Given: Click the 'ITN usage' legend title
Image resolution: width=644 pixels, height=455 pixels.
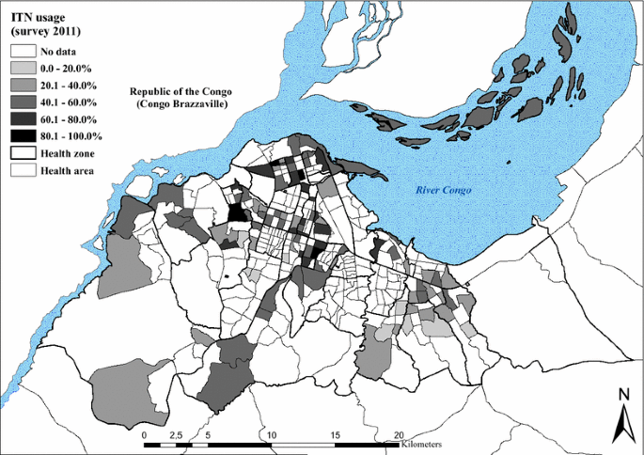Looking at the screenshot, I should point(37,14).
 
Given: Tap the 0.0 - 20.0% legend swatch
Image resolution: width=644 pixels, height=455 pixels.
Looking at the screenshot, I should point(24,68).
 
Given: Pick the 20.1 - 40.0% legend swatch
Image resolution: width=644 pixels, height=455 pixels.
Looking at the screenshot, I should point(24,85).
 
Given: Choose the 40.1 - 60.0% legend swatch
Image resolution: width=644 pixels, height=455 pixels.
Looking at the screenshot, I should point(24,102).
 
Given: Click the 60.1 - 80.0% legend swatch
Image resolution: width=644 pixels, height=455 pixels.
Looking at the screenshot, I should point(24,118).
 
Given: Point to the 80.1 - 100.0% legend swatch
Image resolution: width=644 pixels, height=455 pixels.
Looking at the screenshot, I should point(24,135).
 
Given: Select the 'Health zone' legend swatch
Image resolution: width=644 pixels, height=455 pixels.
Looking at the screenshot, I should point(24,153).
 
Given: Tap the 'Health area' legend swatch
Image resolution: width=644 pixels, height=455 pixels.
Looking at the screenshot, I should point(24,170).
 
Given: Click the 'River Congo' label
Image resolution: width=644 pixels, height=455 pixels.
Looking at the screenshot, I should point(444,191).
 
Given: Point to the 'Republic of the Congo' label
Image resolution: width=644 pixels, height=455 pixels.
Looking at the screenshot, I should point(180,91).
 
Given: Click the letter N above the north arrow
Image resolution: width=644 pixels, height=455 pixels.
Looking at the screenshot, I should point(621,395).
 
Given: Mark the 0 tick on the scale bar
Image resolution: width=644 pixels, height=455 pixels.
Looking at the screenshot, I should point(144,436).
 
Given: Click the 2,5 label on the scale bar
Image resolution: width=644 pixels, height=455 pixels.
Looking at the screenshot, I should point(175,436).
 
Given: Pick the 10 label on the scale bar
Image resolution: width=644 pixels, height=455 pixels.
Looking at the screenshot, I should point(271,436).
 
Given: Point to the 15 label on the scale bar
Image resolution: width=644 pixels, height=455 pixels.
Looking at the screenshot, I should point(335,436).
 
